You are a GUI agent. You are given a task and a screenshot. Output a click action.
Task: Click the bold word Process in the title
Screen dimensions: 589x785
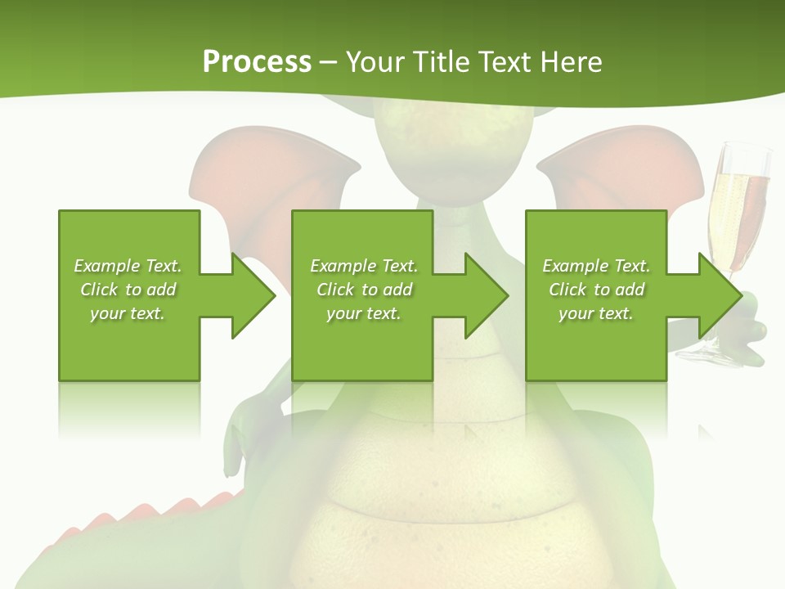point(257,61)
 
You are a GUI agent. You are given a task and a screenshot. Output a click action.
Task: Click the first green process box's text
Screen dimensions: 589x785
point(128,290)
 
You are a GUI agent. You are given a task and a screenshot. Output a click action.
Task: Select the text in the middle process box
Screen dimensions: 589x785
point(364,290)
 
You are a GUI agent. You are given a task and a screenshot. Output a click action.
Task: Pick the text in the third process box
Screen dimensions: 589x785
point(596,290)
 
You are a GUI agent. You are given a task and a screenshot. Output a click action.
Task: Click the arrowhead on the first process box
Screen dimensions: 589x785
point(253,295)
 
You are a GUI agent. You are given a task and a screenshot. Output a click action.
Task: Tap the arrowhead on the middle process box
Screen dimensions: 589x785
point(487,295)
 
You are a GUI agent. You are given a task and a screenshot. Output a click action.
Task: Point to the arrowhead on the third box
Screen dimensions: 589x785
point(720,295)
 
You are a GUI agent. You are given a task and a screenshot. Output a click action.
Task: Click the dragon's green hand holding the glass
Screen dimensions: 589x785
point(752,327)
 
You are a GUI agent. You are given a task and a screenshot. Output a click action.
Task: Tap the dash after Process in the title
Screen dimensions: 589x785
point(329,62)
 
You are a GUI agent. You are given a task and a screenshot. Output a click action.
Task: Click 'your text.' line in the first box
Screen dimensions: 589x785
point(128,312)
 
